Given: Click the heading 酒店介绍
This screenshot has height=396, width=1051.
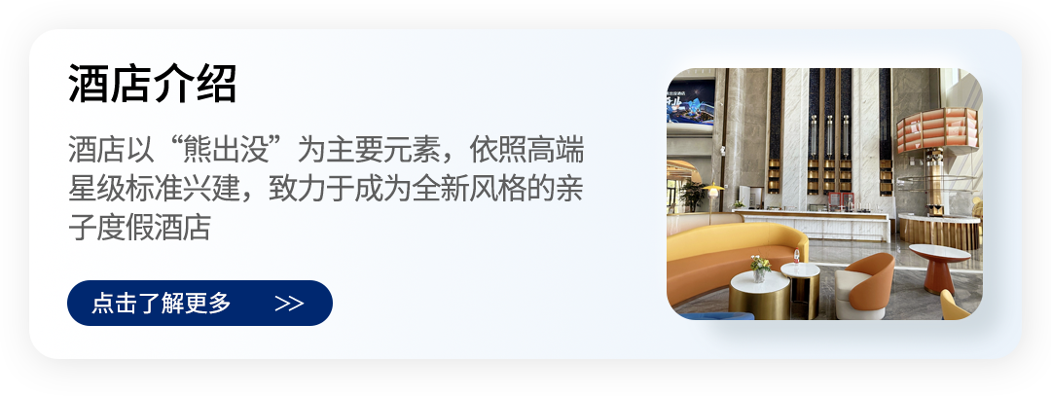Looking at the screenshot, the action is point(152,85).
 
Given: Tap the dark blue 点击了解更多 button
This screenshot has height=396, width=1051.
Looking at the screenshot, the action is point(199,303).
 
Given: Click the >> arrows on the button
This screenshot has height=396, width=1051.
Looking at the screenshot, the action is point(290,304).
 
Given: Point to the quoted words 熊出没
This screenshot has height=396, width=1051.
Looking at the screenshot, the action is point(230,151).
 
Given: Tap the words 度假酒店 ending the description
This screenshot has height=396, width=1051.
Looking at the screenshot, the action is point(152,228).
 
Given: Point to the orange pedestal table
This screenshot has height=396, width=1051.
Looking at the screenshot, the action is point(940,268).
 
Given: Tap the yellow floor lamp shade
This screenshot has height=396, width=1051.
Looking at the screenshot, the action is point(712,191).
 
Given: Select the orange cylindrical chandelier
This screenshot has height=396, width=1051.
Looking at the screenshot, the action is point(937,129).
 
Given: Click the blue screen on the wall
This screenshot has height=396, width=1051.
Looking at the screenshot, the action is point(690,101).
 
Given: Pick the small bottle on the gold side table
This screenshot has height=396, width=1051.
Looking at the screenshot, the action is point(796,256).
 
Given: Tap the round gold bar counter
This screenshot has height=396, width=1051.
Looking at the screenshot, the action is point(938,231).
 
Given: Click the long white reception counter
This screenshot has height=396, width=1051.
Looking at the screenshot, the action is point(812,225).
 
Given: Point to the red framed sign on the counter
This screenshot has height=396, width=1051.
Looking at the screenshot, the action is point(840,199).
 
